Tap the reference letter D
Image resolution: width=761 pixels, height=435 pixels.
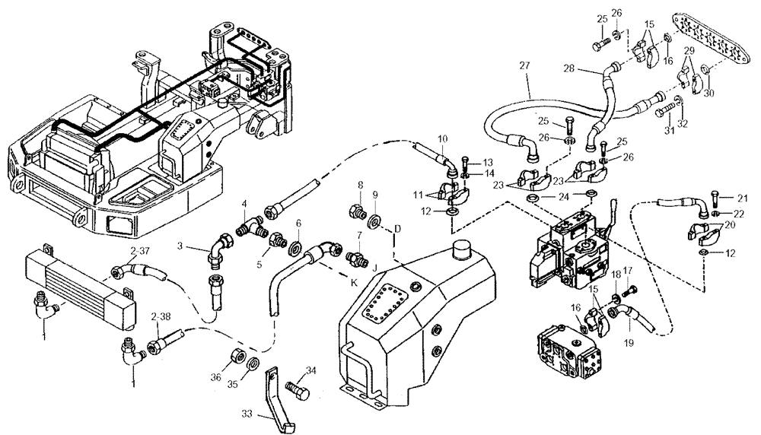pos(396,228)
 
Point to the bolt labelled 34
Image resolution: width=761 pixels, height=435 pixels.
pos(297,386)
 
